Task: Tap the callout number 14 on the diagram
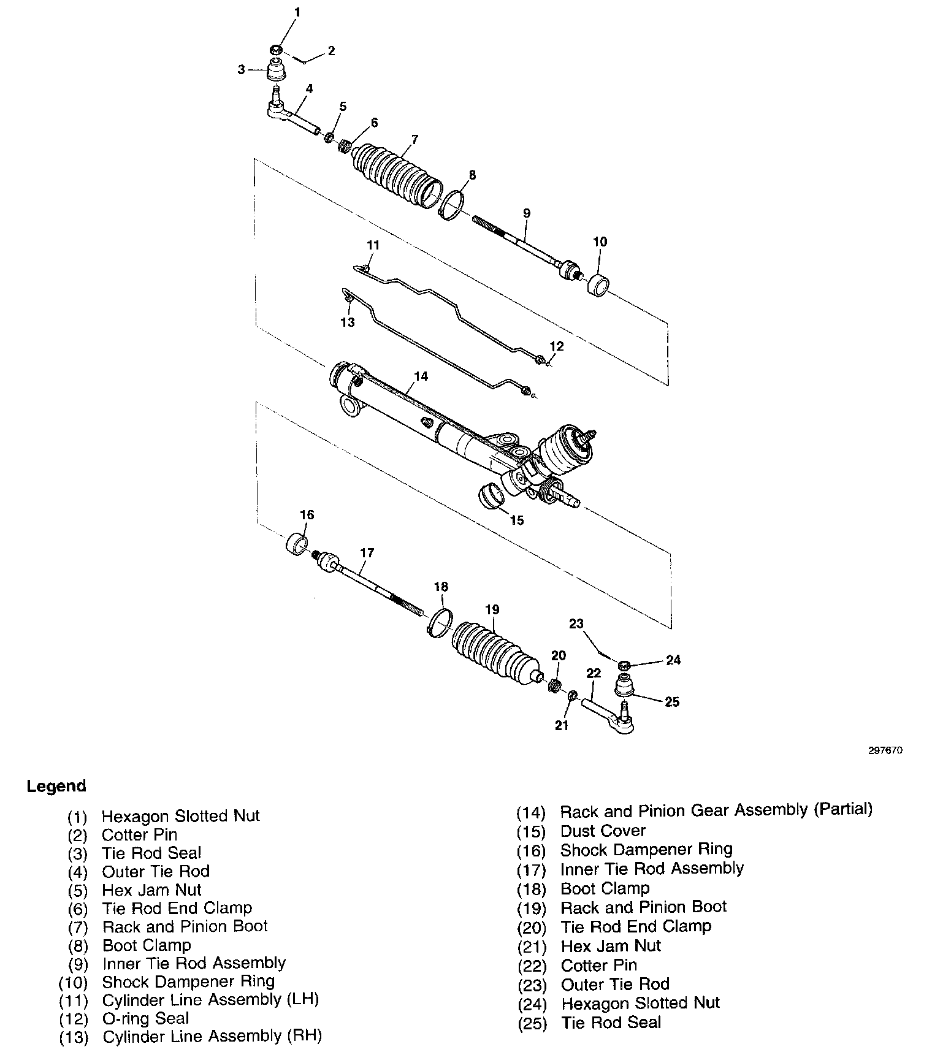coord(421,376)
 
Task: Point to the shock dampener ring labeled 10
coord(599,285)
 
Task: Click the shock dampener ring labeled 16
coord(297,544)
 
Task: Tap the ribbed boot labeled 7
coord(397,173)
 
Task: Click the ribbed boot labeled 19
coord(495,654)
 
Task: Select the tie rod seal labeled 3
coord(278,70)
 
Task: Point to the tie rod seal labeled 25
coord(624,684)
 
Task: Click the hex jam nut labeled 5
coord(329,137)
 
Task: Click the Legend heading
coord(56,786)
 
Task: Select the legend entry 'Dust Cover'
coord(603,831)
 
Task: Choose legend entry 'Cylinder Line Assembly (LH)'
coord(210,999)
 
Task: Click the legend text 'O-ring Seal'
coord(145,1018)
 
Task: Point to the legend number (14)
coord(530,812)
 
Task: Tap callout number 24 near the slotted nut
coord(673,660)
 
